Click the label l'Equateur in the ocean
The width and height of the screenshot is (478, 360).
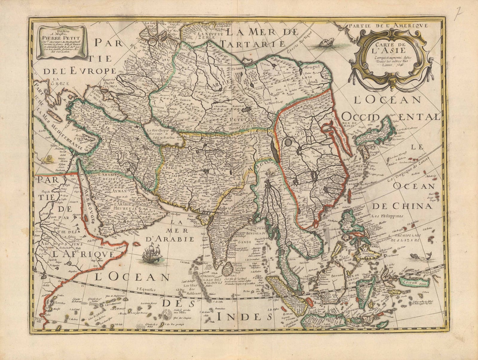tap(145, 289)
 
